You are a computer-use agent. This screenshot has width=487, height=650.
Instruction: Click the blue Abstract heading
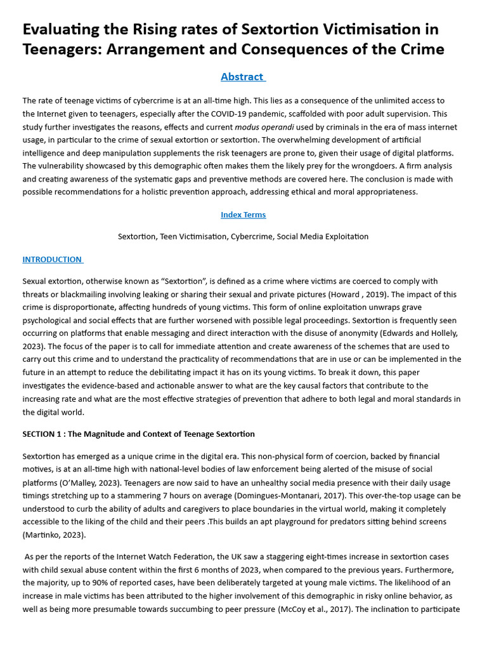[242, 77]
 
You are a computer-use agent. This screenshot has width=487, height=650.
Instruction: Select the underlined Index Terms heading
[243, 215]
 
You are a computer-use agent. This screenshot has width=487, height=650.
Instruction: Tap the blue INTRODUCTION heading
[52, 259]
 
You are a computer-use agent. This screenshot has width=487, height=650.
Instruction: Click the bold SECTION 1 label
[48, 434]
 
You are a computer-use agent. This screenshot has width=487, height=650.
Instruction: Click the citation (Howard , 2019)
[347, 294]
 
